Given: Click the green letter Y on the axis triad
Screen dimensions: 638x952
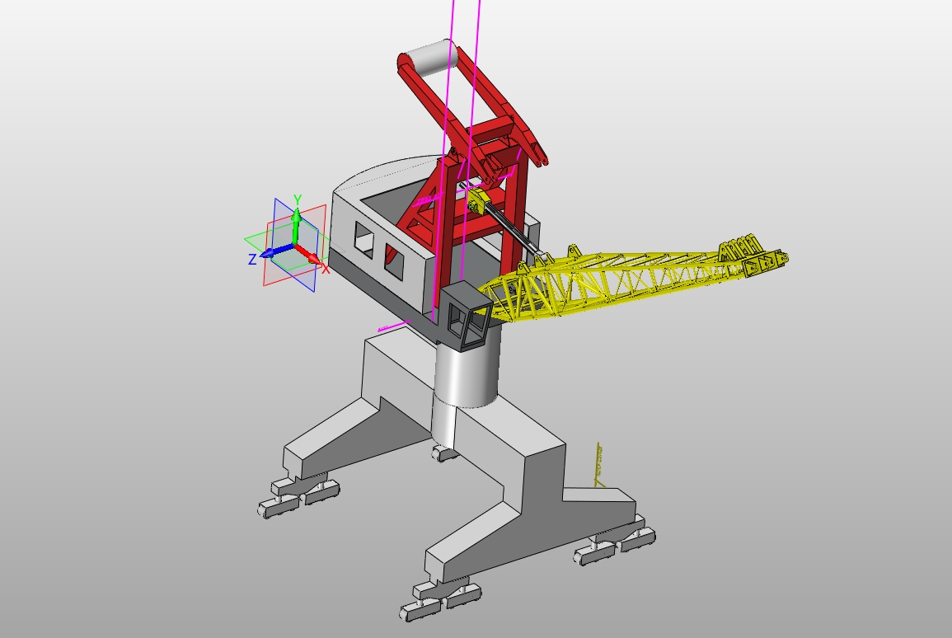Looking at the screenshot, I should click(x=298, y=199).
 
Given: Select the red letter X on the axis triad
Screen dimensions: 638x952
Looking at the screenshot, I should click(x=326, y=269).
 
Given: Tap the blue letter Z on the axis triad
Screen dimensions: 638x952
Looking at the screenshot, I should click(x=252, y=260).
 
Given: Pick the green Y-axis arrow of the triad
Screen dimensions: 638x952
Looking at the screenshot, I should click(x=296, y=218).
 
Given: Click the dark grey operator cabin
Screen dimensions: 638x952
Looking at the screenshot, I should click(x=466, y=317).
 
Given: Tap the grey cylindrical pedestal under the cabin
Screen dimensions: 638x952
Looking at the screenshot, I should click(x=467, y=375).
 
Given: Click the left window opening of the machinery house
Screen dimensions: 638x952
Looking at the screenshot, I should click(x=363, y=237).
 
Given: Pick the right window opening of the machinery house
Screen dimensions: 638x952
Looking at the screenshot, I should click(x=394, y=259).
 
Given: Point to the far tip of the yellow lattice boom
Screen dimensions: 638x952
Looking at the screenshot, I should click(x=780, y=259).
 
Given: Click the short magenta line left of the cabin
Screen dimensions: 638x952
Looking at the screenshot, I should click(x=394, y=326).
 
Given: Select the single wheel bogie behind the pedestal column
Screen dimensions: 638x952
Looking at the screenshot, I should click(x=444, y=453).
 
